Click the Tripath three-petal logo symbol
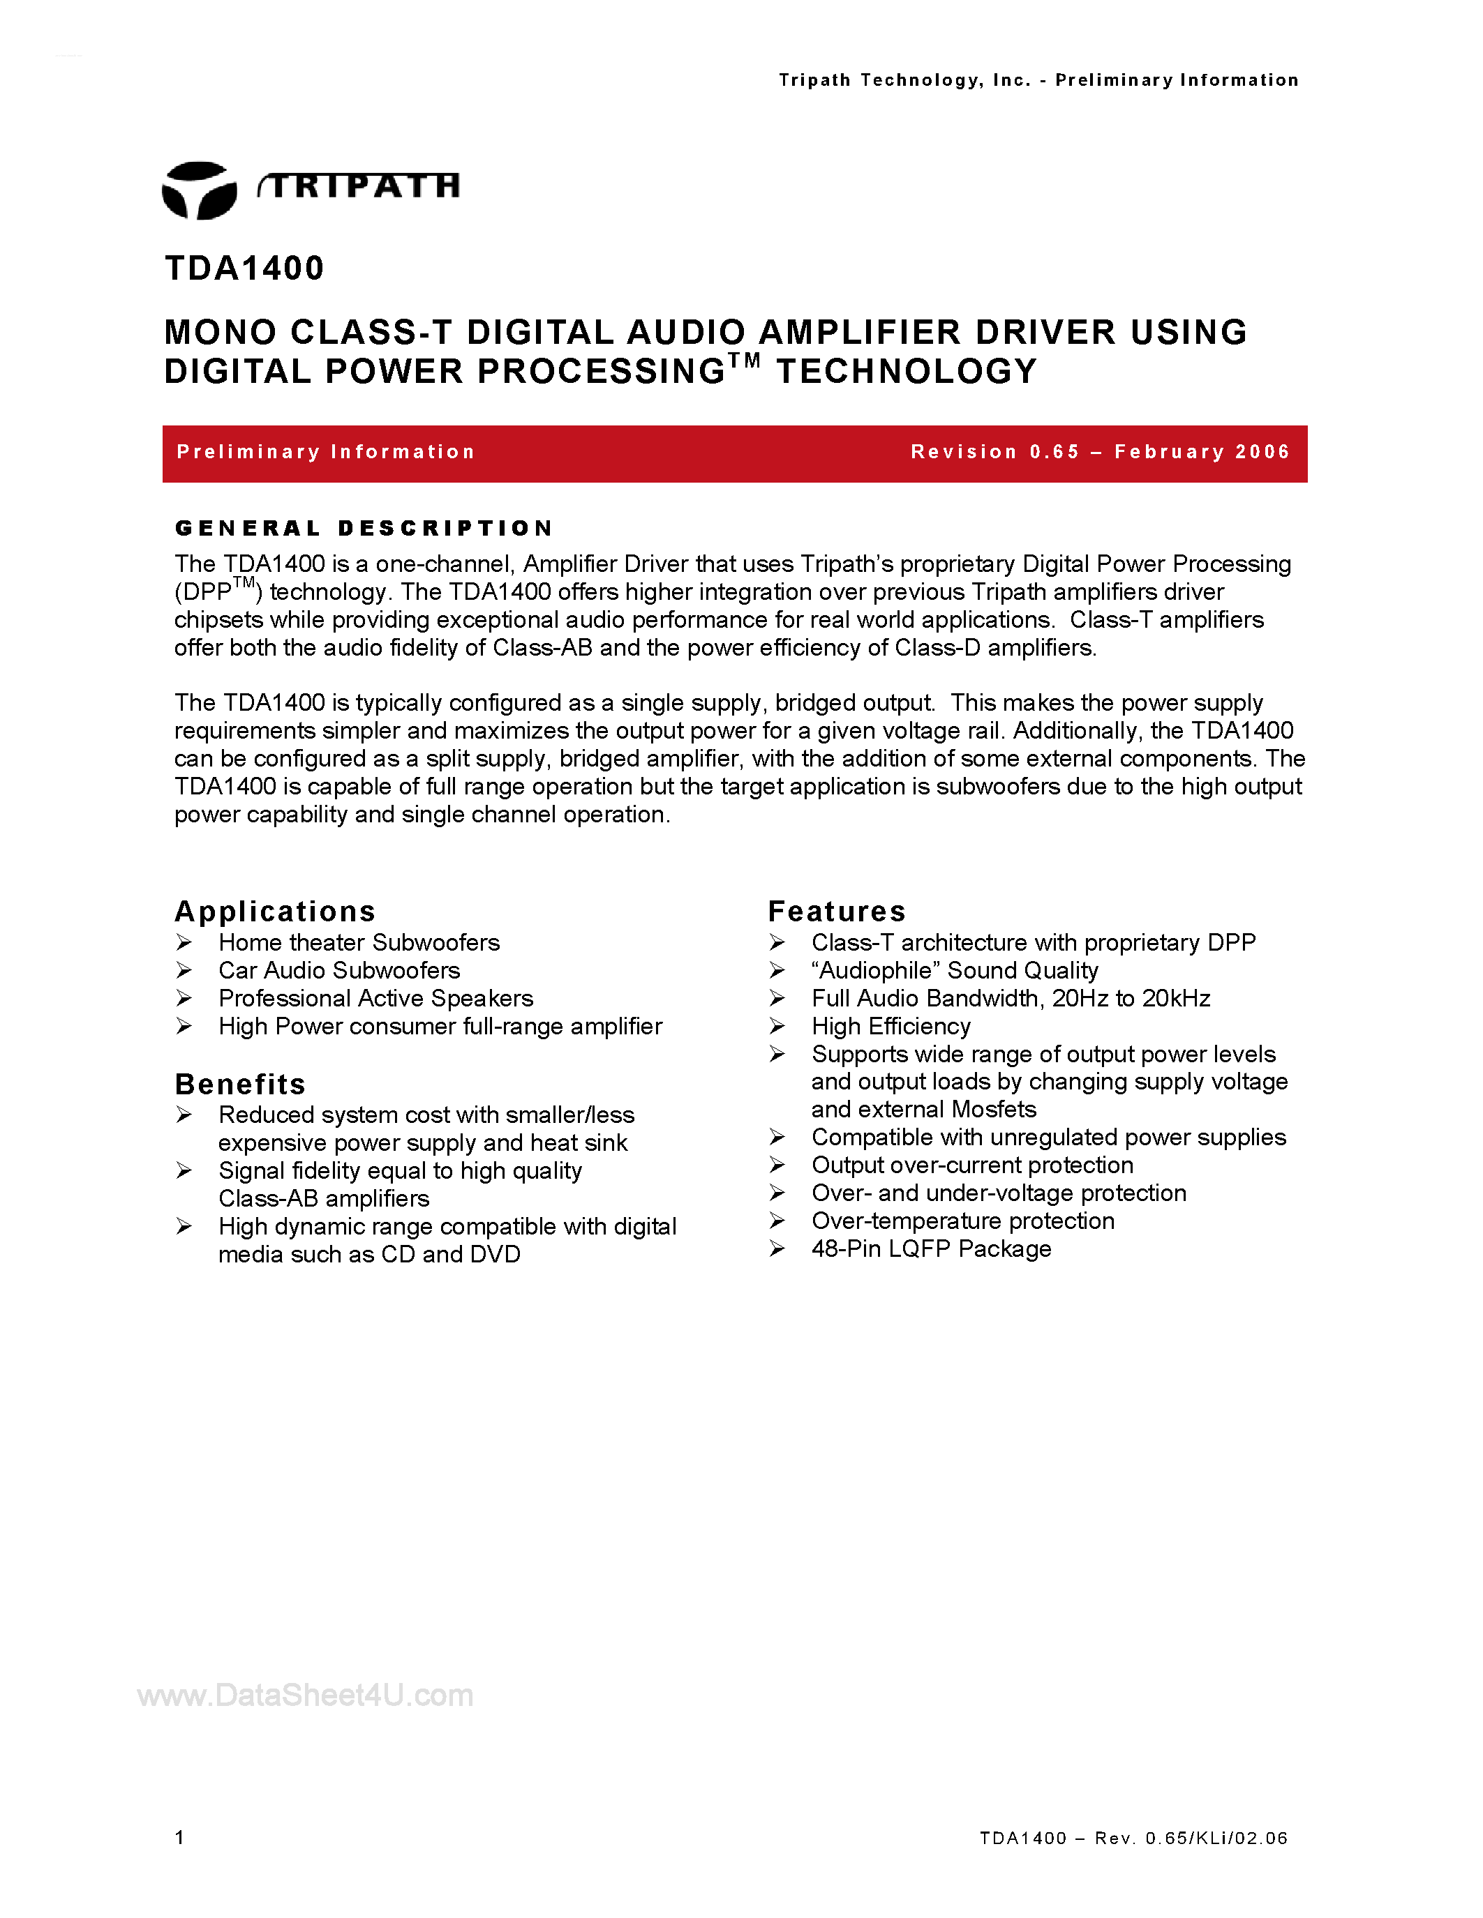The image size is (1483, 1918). [200, 190]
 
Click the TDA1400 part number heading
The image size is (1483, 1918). [244, 268]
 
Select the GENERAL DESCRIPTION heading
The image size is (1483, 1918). [364, 528]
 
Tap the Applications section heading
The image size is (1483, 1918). [275, 911]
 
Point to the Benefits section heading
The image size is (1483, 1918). [240, 1084]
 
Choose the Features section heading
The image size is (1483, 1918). [836, 911]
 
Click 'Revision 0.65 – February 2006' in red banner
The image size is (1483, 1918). [1100, 452]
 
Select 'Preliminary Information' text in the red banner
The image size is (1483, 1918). [326, 452]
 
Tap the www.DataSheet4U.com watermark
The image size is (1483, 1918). [305, 1696]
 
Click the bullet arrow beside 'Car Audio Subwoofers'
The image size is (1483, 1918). [184, 970]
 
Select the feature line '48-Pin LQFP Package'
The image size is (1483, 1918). [931, 1249]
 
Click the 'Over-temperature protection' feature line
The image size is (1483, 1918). [963, 1221]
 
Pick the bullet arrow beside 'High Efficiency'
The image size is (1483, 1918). [777, 1026]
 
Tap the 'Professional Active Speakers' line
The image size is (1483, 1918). [376, 999]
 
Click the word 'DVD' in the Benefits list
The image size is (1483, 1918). [495, 1254]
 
